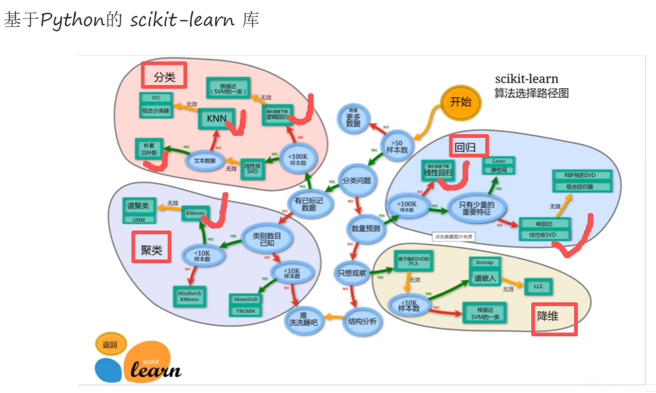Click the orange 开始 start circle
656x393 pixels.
[460, 102]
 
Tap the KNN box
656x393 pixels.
[216, 118]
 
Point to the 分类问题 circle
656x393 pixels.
[357, 180]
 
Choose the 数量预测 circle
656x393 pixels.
[365, 229]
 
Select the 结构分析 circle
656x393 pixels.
[362, 321]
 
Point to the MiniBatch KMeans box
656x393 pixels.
[189, 295]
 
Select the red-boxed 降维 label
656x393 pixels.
[554, 318]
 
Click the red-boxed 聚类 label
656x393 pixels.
[151, 248]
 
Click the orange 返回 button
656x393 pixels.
[110, 344]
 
